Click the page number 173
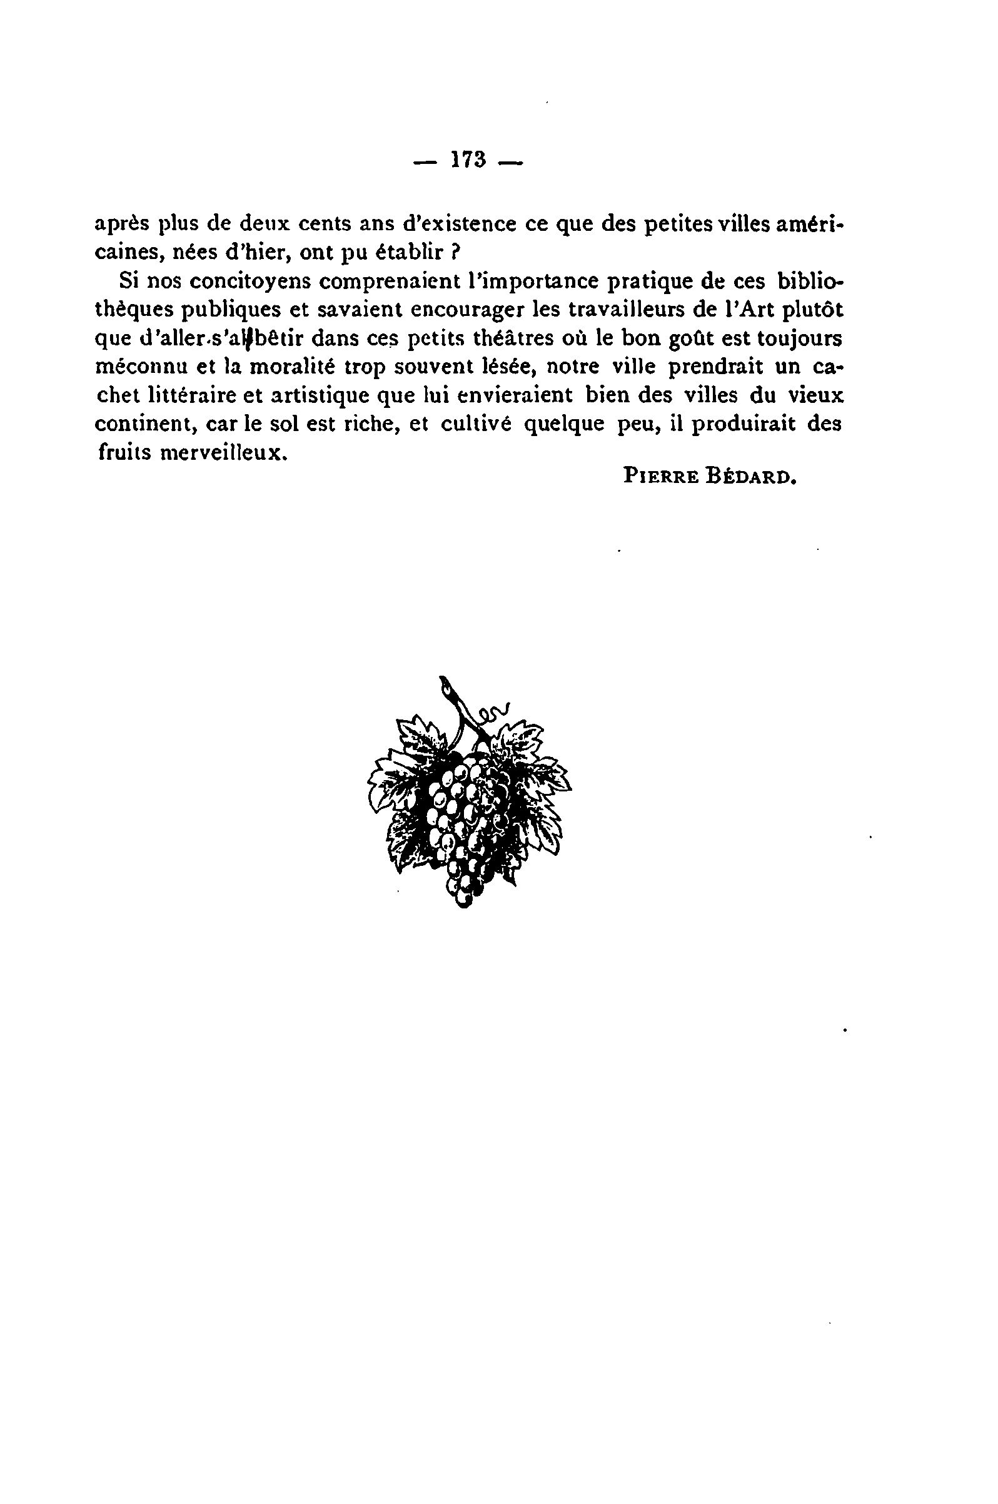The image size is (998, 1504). click(x=468, y=160)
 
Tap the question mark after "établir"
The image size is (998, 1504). click(x=455, y=253)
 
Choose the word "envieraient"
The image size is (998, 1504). click(x=512, y=395)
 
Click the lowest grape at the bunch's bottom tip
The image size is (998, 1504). click(x=463, y=900)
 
